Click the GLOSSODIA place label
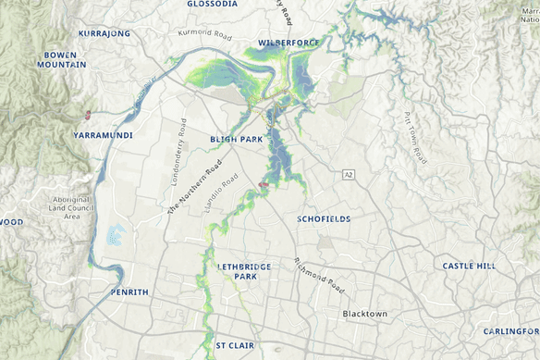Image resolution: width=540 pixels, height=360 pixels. pos(212,5)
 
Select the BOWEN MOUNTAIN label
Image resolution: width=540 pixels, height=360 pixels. pos(64,60)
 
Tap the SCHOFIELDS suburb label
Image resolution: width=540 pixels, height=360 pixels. pos(325,219)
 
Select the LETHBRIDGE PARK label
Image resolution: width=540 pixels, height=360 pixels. pos(245,271)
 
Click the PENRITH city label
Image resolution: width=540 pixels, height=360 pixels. pos(129,292)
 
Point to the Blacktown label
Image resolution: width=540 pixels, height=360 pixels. pos(365,314)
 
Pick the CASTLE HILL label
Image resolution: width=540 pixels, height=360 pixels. pos(469,266)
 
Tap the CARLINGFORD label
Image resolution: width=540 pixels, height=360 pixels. pos(511,330)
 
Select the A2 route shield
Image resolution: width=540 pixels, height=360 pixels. pos(348,174)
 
